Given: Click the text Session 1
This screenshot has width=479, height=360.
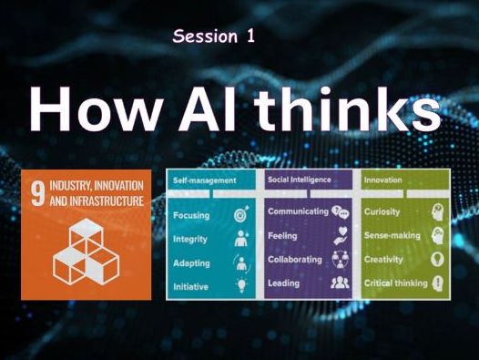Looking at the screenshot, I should tap(212, 36).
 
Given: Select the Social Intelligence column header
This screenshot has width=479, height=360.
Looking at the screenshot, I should tap(299, 180).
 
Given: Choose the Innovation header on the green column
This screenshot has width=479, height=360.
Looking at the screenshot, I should tap(382, 180).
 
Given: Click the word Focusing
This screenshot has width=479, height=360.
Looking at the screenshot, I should tap(190, 215).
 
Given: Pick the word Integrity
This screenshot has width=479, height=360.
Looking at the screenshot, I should tap(190, 238).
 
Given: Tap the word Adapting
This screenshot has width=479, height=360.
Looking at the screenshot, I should tap(191, 262).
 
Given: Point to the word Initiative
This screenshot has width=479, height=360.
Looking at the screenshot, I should tap(190, 285).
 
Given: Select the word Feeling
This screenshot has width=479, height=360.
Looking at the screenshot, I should tap(283, 234).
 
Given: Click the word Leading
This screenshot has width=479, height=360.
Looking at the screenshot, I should tap(283, 283).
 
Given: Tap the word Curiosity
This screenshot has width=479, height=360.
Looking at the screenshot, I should tap(383, 211).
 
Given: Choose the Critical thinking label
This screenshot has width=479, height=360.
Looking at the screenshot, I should tap(395, 283).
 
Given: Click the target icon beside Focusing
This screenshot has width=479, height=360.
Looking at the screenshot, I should tap(241, 215).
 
